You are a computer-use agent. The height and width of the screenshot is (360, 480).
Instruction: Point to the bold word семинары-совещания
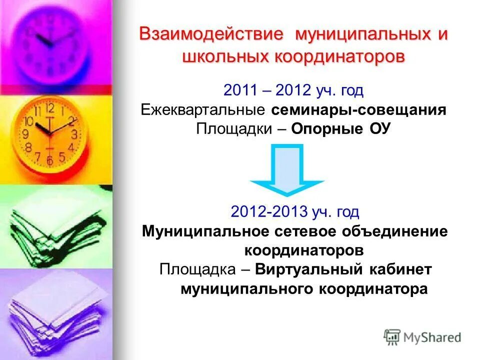pos(359,109)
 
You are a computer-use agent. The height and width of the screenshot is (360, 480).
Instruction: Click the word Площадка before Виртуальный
pos(197,269)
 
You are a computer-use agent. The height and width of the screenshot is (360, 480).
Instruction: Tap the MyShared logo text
pos(432,337)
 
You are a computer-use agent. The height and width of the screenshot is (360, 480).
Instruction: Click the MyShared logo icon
pos(392,336)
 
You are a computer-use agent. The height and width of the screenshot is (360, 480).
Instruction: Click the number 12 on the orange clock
pos(49,107)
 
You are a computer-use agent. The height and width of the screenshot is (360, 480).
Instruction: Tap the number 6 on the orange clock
pos(49,160)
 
